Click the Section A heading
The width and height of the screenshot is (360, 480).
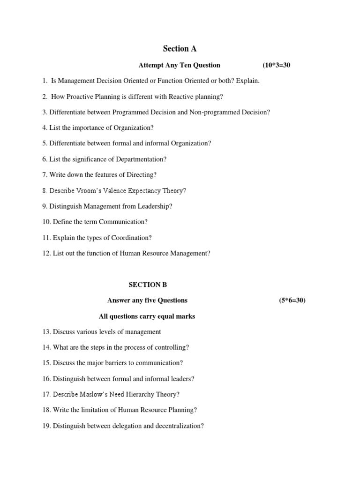(x=180, y=49)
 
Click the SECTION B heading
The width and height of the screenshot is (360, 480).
(x=148, y=285)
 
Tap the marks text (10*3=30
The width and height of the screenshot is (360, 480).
(x=273, y=65)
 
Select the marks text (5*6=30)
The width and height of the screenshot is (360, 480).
(x=292, y=300)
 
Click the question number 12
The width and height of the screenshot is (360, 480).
(x=46, y=254)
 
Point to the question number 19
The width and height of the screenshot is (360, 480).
(x=46, y=426)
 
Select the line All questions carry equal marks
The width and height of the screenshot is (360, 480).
(x=147, y=316)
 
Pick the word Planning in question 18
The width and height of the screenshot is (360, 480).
(x=181, y=410)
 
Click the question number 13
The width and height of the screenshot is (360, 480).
(x=46, y=332)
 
